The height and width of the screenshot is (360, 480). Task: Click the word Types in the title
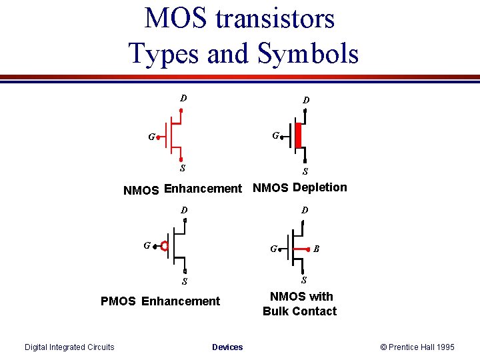click(164, 53)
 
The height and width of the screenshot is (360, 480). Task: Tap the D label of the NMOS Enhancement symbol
click(183, 99)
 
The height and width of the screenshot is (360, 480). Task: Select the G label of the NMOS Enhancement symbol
click(151, 137)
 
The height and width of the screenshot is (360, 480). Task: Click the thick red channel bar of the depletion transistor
click(299, 136)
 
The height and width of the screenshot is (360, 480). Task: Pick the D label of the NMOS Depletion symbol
click(305, 101)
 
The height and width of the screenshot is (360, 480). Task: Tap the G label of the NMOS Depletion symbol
click(275, 135)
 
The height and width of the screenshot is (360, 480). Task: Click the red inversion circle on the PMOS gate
click(164, 246)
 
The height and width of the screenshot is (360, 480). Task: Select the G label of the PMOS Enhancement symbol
click(147, 245)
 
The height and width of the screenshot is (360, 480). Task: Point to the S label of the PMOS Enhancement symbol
click(185, 281)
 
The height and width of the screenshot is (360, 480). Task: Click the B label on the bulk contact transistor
click(317, 249)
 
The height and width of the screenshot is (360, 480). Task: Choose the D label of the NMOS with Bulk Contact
click(305, 211)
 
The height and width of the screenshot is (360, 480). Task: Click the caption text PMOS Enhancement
click(160, 301)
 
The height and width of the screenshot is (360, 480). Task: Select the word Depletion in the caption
click(320, 187)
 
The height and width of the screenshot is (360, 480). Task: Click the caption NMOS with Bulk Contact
click(300, 304)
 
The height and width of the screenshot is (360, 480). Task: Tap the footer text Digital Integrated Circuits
click(69, 347)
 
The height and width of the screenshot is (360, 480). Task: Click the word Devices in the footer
click(227, 347)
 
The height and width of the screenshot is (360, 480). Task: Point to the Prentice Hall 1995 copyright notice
click(417, 347)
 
